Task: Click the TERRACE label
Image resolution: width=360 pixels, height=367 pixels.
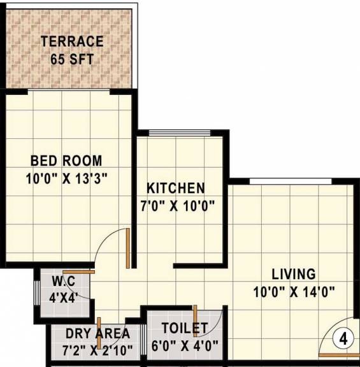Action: (71, 42)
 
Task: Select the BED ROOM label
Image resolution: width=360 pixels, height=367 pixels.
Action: (66, 161)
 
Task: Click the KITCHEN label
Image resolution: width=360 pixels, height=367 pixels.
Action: (176, 189)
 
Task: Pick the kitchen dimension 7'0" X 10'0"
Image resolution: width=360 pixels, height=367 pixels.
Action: (176, 206)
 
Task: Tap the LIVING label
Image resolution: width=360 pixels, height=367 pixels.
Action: (294, 275)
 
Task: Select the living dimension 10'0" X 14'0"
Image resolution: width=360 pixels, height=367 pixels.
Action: (294, 292)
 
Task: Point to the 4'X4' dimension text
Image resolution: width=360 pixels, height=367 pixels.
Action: (63, 297)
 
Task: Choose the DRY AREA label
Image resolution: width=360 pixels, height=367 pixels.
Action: (97, 333)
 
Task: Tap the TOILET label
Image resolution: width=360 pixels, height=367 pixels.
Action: (185, 329)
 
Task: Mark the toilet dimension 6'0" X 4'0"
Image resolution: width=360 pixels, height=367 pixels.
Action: (185, 347)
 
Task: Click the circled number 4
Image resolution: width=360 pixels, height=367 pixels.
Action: (343, 338)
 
